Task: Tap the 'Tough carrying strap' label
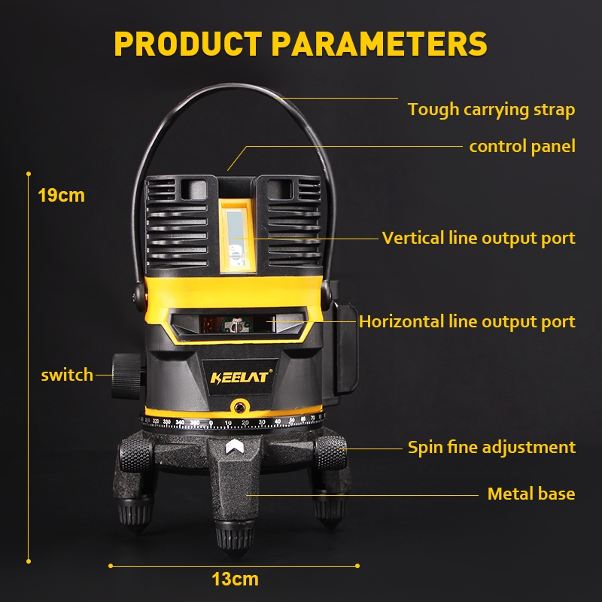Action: pyautogui.click(x=491, y=110)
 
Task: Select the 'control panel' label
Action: pyautogui.click(x=521, y=146)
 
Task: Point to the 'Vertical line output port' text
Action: pyautogui.click(x=479, y=239)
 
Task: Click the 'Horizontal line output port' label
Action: pyautogui.click(x=467, y=322)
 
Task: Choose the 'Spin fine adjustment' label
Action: pyautogui.click(x=491, y=447)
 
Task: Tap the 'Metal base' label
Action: pyautogui.click(x=531, y=494)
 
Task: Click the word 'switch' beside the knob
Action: pyautogui.click(x=67, y=375)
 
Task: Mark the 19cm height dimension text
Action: pyautogui.click(x=61, y=196)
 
